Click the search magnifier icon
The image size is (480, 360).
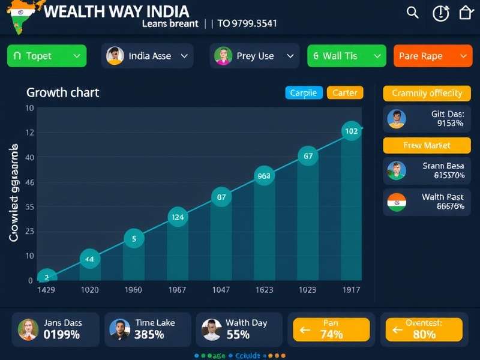point(412,13)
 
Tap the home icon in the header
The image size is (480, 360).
point(466,13)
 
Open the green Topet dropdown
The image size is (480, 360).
point(47,56)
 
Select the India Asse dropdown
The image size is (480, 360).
point(148,56)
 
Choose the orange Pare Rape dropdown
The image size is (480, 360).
point(432,56)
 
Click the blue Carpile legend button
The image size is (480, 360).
point(304,92)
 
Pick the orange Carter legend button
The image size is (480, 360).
point(345,92)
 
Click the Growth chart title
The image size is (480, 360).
point(62,92)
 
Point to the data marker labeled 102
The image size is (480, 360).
point(351,131)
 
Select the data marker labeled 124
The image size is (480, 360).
point(177,217)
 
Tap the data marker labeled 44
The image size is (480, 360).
point(89,259)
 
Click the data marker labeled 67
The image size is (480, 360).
point(308,156)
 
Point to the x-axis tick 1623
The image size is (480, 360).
point(264,290)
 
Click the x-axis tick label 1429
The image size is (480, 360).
point(46,290)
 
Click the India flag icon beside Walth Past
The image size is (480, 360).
point(397,202)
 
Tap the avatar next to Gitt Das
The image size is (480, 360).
point(397,118)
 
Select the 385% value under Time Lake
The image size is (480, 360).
point(149,335)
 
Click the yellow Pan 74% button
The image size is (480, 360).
point(331,329)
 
